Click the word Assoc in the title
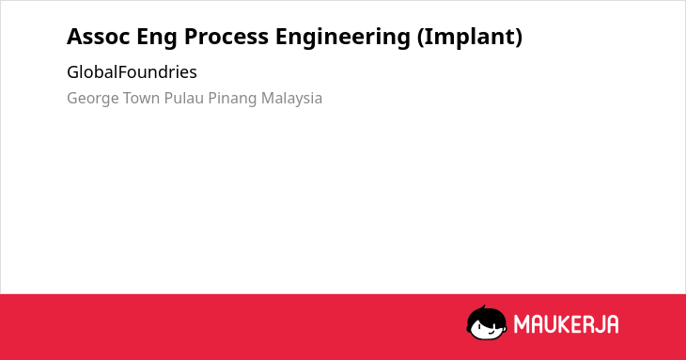pyautogui.click(x=99, y=37)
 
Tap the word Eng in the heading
pyautogui.click(x=157, y=38)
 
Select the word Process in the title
pyautogui.click(x=226, y=37)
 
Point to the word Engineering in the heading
pyautogui.click(x=343, y=38)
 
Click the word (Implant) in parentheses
pyautogui.click(x=470, y=38)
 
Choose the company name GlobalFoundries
pyautogui.click(x=132, y=71)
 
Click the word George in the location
pyautogui.click(x=93, y=99)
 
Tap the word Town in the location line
pyautogui.click(x=141, y=98)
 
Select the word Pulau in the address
pyautogui.click(x=184, y=98)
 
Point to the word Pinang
pyautogui.click(x=232, y=99)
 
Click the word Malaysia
pyautogui.click(x=292, y=99)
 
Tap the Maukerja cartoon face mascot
pyautogui.click(x=487, y=323)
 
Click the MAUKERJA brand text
pyautogui.click(x=566, y=324)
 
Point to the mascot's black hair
pyautogui.click(x=486, y=315)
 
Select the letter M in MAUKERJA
pyautogui.click(x=522, y=324)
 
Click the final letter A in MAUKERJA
pyautogui.click(x=612, y=324)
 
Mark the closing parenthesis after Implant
pyautogui.click(x=519, y=38)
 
